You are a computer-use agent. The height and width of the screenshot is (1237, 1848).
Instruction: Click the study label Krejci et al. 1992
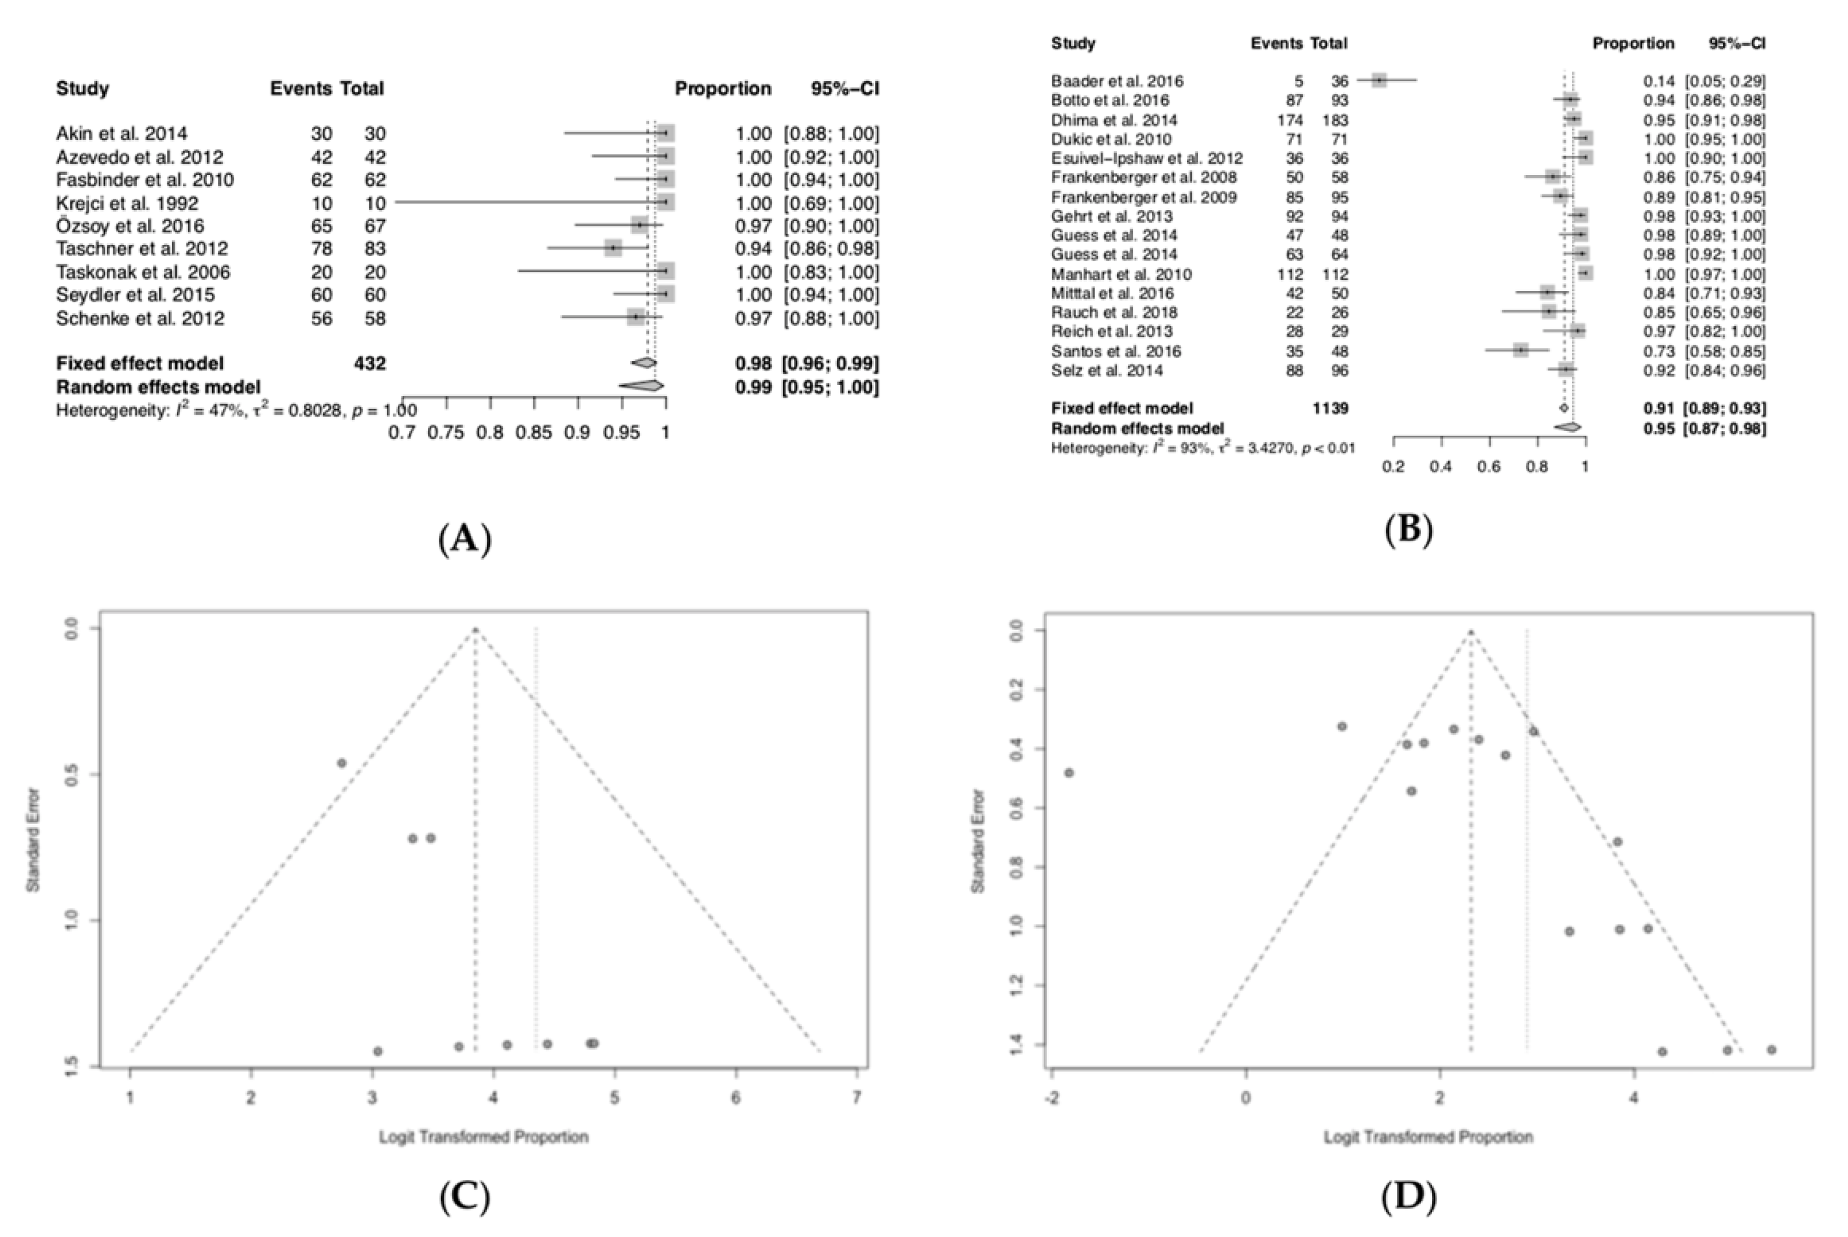(x=127, y=203)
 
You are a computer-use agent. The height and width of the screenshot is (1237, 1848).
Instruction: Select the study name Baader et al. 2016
(x=1116, y=80)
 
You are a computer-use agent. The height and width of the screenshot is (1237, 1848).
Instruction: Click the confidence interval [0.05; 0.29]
(x=1725, y=80)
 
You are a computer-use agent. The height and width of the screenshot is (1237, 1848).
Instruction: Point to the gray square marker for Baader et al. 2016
(x=1378, y=80)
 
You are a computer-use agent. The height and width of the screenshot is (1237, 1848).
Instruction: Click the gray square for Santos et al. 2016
(x=1521, y=351)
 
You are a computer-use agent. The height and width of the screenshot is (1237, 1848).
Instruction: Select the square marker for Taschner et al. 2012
(x=613, y=248)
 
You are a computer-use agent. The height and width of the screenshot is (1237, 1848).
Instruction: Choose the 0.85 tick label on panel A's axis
(x=534, y=432)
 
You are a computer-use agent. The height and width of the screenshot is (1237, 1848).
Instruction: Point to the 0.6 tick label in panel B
(x=1489, y=466)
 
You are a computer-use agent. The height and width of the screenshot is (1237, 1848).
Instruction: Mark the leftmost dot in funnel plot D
(x=1069, y=772)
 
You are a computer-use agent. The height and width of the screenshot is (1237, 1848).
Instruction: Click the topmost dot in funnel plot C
(x=342, y=763)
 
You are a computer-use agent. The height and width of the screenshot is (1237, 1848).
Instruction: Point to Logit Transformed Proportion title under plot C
(x=483, y=1137)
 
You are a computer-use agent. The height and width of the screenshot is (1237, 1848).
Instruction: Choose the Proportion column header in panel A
(x=722, y=89)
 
